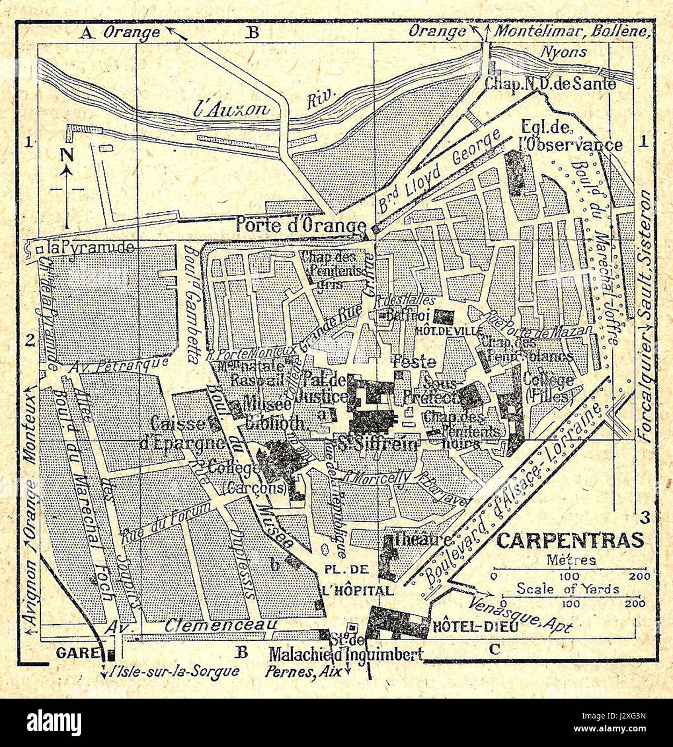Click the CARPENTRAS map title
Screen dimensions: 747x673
569,540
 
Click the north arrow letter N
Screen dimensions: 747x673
67,155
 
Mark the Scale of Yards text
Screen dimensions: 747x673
567,588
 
